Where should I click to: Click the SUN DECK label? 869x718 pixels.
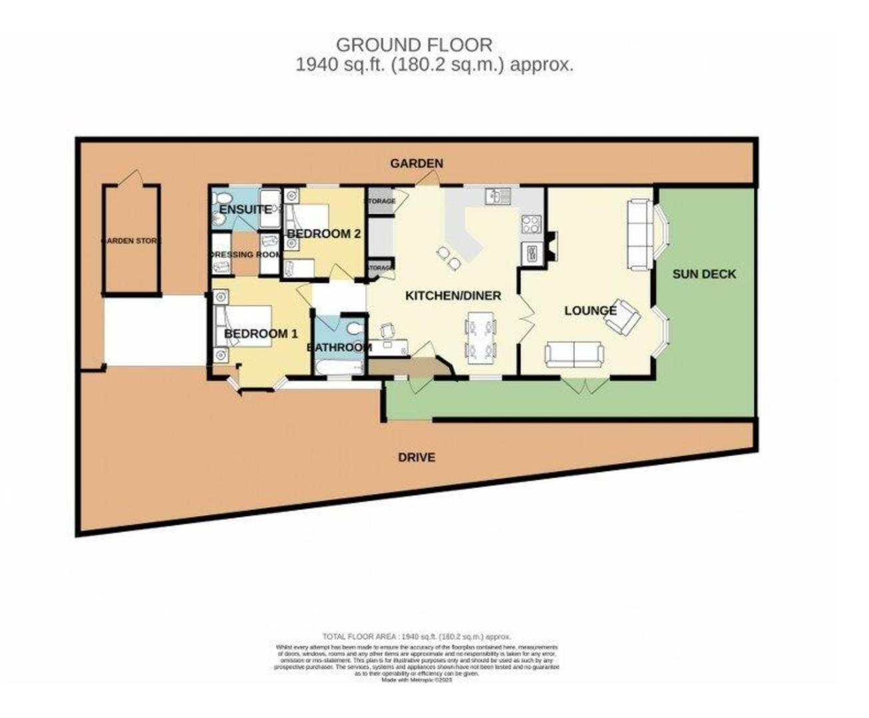click(x=704, y=274)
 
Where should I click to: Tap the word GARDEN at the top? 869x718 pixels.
click(x=417, y=164)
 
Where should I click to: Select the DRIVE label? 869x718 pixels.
click(x=417, y=457)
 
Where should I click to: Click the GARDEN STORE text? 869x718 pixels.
click(x=131, y=241)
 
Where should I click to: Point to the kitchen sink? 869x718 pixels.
click(x=497, y=195)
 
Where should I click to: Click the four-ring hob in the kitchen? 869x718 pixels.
click(x=531, y=224)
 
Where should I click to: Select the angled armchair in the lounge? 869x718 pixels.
click(x=622, y=315)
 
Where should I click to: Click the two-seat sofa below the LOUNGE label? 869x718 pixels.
click(x=574, y=354)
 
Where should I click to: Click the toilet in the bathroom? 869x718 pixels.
click(x=355, y=329)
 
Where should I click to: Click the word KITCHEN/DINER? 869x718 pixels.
click(x=453, y=295)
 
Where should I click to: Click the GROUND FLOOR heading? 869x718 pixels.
click(x=414, y=45)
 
